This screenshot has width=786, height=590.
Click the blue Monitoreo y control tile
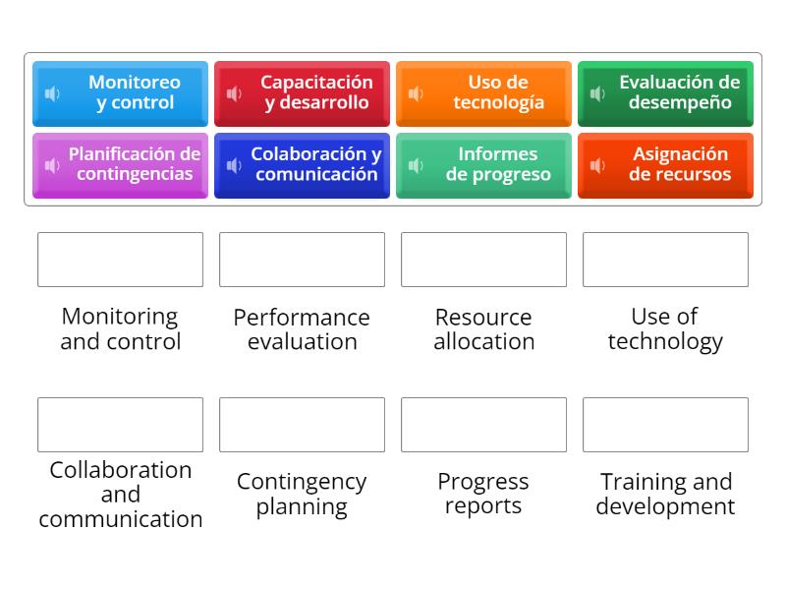click(121, 93)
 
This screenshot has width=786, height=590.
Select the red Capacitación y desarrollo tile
click(303, 93)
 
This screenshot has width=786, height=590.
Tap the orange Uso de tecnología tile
click(484, 93)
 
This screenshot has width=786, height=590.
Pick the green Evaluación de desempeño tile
click(666, 93)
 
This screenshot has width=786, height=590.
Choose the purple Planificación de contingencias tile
click(121, 165)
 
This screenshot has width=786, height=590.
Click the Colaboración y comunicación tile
click(303, 165)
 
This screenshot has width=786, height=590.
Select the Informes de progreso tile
click(484, 165)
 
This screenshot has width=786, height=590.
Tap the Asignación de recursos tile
click(666, 165)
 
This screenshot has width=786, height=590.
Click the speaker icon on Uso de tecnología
click(416, 93)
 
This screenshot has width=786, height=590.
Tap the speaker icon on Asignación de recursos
click(597, 165)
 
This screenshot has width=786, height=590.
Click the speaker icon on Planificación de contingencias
click(52, 165)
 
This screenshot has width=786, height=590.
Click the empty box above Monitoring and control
click(121, 260)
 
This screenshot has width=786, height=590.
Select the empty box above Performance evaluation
click(303, 260)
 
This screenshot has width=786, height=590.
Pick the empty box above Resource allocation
click(484, 260)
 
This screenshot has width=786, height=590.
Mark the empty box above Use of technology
click(666, 260)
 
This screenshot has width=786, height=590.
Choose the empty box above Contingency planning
click(303, 425)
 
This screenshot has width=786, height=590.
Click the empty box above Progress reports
click(484, 425)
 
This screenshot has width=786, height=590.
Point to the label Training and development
click(665, 495)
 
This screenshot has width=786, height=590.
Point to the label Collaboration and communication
click(121, 495)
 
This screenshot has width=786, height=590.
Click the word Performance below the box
click(302, 318)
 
